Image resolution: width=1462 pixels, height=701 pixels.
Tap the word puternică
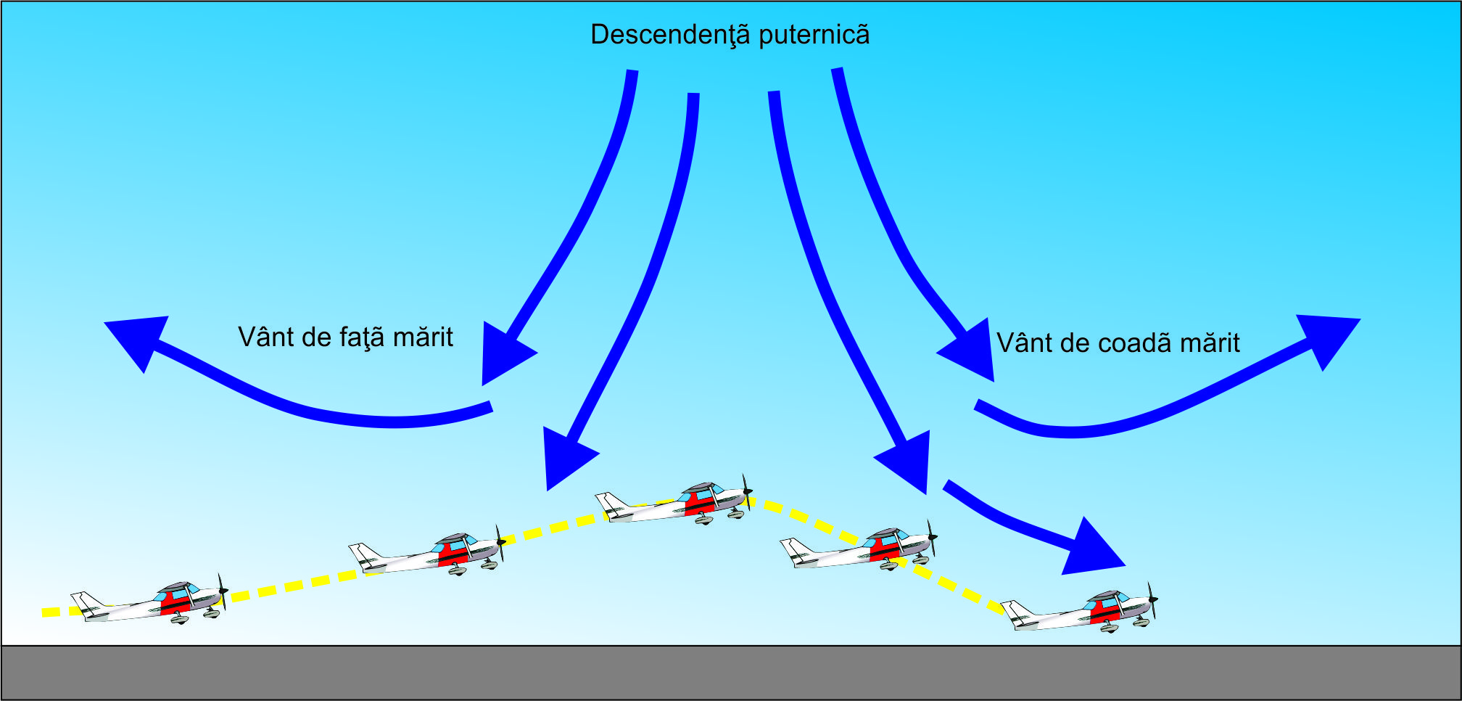coord(814,35)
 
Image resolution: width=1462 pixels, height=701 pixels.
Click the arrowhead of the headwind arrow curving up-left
coord(138,340)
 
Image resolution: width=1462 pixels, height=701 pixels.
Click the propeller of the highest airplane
coord(746,492)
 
